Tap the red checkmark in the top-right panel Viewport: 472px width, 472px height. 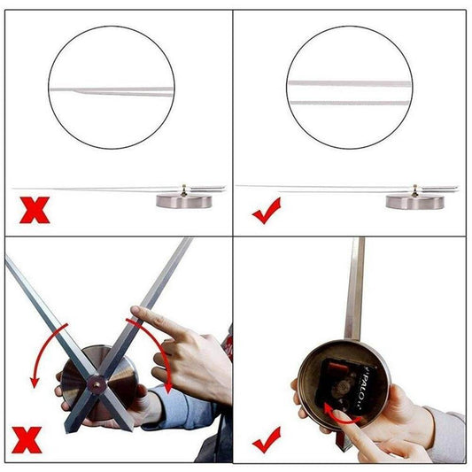(266, 210)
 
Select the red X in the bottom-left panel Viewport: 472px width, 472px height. (26, 440)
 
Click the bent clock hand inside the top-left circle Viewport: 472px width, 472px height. (112, 89)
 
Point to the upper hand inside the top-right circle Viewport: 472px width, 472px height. (350, 82)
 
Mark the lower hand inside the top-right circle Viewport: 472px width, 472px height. (350, 103)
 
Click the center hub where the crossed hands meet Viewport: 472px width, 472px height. (95, 383)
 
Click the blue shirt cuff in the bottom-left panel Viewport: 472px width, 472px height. (182, 407)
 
